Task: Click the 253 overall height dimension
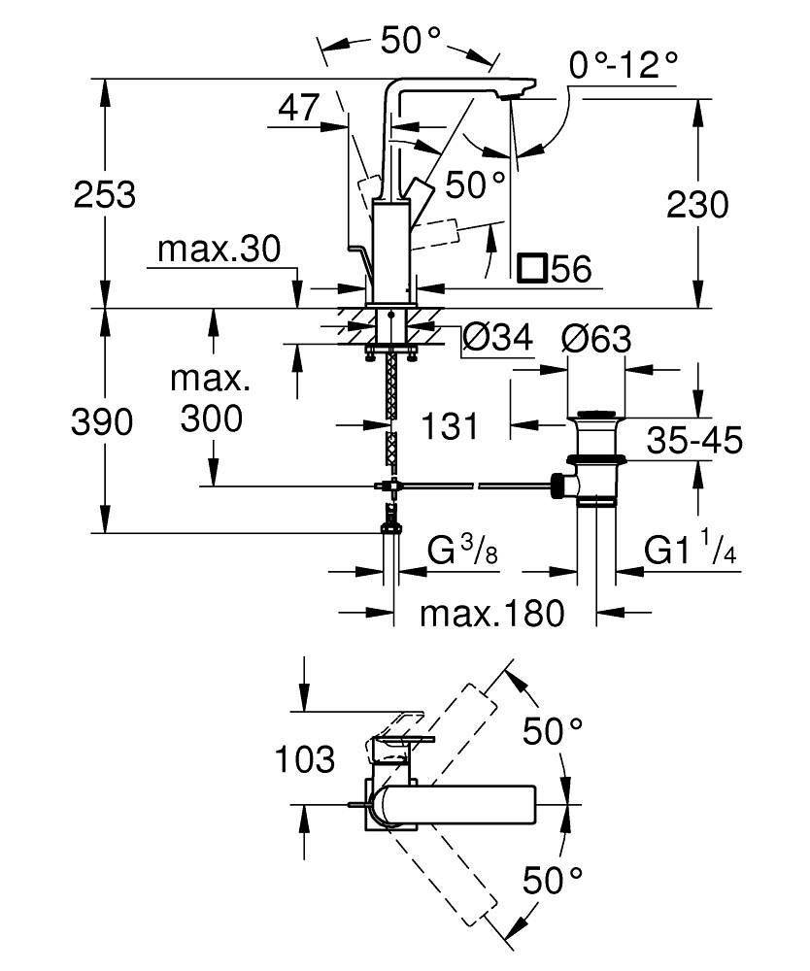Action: (105, 194)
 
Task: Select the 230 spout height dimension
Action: (696, 205)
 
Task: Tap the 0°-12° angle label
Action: (624, 66)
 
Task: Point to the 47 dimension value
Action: (298, 107)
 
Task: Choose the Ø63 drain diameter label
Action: (595, 339)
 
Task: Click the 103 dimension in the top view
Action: (305, 759)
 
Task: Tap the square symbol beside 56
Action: (532, 268)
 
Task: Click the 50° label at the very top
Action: (412, 40)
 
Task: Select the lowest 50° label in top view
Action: (553, 881)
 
